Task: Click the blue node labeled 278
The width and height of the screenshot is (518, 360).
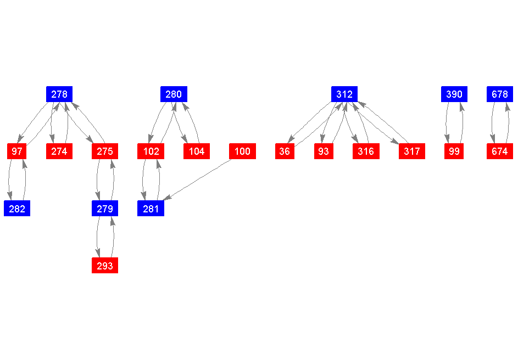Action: (59, 94)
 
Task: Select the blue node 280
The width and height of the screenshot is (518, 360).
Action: (174, 94)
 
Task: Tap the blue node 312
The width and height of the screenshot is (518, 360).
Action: (344, 94)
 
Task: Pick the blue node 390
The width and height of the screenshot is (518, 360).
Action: (454, 94)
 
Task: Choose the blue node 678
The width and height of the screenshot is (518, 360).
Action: (500, 94)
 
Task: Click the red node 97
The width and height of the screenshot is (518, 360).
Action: (17, 151)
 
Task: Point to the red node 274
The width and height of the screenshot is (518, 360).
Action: (59, 151)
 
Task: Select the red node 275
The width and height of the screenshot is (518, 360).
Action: (105, 151)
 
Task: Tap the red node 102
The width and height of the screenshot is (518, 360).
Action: (151, 151)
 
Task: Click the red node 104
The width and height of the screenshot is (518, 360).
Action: (197, 151)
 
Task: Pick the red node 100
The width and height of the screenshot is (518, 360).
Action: (242, 151)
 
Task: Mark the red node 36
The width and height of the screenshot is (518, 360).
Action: (285, 151)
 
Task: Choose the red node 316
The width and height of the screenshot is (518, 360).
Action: (366, 151)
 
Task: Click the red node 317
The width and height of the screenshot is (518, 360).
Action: (412, 151)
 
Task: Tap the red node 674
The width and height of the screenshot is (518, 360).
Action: (500, 151)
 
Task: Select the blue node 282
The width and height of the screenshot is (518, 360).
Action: (17, 208)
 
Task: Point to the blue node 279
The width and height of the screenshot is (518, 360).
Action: (105, 208)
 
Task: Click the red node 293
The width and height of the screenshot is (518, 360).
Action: (105, 265)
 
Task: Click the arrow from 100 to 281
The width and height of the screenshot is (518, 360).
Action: (197, 179)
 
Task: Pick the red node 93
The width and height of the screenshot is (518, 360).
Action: (324, 151)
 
